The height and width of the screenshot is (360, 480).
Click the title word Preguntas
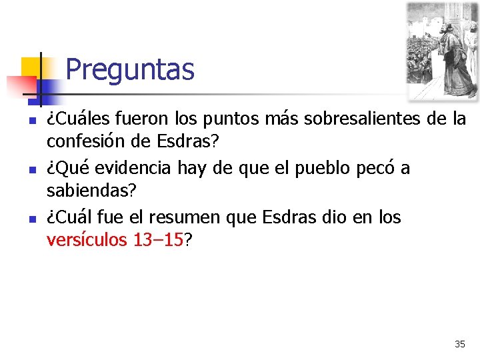point(130,69)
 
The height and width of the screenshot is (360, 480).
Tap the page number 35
point(460,344)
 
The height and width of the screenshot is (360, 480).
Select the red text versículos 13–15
point(115,240)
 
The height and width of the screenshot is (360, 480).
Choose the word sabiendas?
point(91,191)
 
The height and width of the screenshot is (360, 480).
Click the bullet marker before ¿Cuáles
point(31,121)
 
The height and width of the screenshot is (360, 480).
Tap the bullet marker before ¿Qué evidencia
point(31,169)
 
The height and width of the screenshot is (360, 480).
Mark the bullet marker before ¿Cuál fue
point(31,219)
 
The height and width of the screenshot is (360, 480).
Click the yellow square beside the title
point(31,67)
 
